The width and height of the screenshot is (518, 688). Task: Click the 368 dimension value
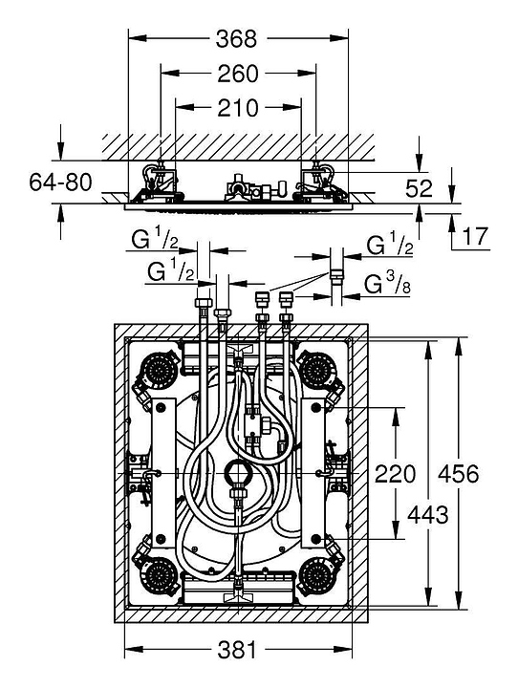pos(236,39)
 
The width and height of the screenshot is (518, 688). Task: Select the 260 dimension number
pos(238,74)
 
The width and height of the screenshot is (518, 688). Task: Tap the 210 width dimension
pos(238,108)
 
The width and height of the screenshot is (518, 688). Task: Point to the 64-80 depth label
pos(60,183)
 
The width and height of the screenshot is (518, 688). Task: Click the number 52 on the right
pos(419,188)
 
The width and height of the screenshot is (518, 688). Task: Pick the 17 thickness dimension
pos(475,237)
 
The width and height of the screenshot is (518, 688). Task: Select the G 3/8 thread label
pos(387,286)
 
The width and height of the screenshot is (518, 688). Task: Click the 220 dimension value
pos(395,474)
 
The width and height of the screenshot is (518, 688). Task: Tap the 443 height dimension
pos(428,515)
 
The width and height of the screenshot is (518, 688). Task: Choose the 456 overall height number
pos(459,474)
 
